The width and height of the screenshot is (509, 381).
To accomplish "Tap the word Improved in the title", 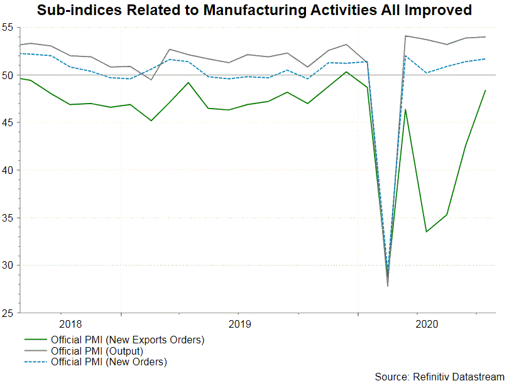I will [441, 10].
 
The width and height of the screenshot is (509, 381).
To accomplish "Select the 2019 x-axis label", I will [239, 324].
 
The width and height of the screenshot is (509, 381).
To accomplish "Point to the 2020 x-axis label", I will [427, 324].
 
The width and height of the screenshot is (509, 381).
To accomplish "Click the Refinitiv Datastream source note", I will [439, 376].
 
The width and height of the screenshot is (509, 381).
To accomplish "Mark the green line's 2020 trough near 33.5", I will [427, 232].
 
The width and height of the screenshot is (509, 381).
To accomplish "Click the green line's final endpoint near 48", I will [485, 90].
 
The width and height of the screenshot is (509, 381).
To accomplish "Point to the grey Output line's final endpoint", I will [485, 37].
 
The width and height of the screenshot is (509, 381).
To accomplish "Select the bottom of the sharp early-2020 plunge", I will [388, 286].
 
